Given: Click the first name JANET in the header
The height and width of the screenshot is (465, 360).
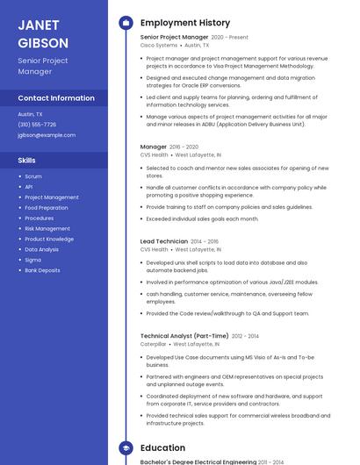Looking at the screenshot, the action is tap(38, 25).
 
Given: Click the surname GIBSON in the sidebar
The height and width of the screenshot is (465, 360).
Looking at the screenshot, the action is tap(42, 42).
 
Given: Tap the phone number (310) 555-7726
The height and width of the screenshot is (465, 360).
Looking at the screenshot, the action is tap(37, 125).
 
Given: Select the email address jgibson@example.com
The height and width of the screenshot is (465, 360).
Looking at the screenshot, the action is tap(47, 135).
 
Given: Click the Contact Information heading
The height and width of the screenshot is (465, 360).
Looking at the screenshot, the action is tap(56, 98).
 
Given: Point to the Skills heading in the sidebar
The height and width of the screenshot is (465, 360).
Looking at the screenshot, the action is tap(26, 161).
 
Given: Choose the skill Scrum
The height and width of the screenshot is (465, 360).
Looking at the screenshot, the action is tap(33, 176).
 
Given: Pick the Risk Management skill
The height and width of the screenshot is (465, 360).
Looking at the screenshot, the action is tap(47, 228).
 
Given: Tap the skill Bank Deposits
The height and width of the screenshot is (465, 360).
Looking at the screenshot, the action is tap(42, 270).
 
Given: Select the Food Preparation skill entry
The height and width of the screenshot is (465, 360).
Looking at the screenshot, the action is tap(47, 208).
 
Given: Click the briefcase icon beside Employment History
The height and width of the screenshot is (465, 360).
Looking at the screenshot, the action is tap(126, 23).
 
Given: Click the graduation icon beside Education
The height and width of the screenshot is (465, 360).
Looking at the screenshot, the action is tap(126, 447).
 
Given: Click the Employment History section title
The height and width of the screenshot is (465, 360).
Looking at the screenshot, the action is tap(185, 23).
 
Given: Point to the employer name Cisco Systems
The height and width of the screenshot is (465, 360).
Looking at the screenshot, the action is tap(159, 45).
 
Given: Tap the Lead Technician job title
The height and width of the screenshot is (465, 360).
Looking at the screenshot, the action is tap(163, 241).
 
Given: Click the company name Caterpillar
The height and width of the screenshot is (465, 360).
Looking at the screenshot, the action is tap(154, 344).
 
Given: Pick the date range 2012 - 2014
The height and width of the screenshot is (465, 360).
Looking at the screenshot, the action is tap(247, 336).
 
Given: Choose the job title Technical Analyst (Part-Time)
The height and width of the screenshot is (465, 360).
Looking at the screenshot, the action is tap(184, 336).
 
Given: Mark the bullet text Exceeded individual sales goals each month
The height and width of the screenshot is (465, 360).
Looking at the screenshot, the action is tap(202, 218).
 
